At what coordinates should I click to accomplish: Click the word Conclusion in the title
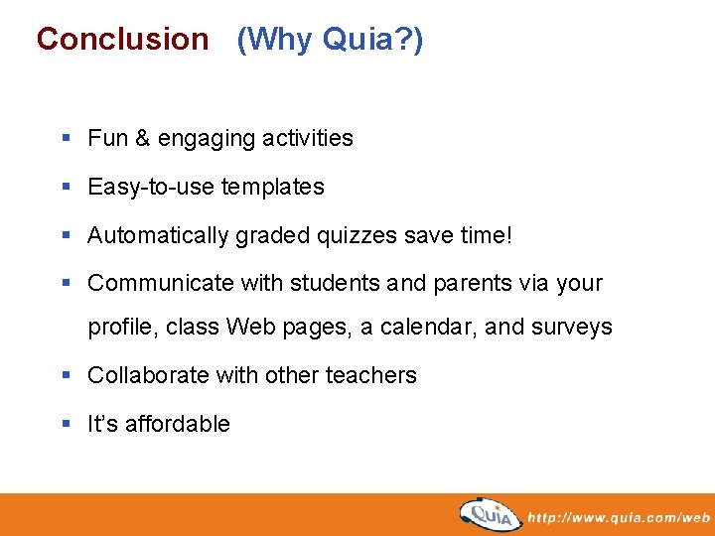point(122,40)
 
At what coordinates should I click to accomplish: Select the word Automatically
point(158,235)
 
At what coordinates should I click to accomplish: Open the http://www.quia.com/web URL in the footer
point(618,517)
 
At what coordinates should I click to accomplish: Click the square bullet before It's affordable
point(66,424)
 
